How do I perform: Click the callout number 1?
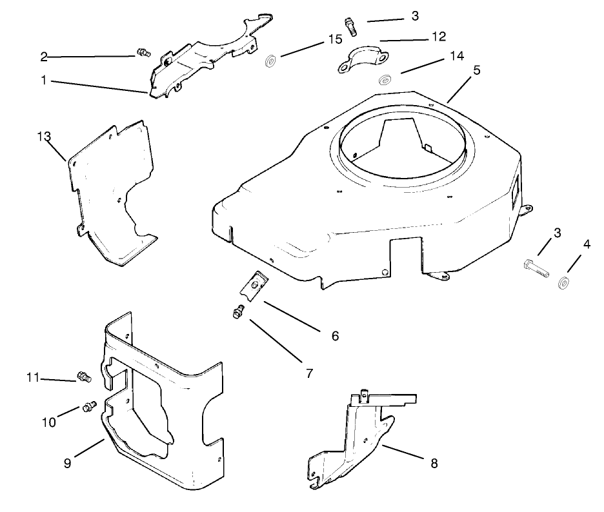point(44,82)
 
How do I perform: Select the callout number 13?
point(43,136)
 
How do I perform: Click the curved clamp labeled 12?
point(363,60)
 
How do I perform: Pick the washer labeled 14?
point(386,80)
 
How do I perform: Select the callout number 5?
point(476,70)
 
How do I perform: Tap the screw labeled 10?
point(89,406)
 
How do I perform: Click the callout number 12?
point(438,37)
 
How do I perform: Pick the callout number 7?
point(309,373)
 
